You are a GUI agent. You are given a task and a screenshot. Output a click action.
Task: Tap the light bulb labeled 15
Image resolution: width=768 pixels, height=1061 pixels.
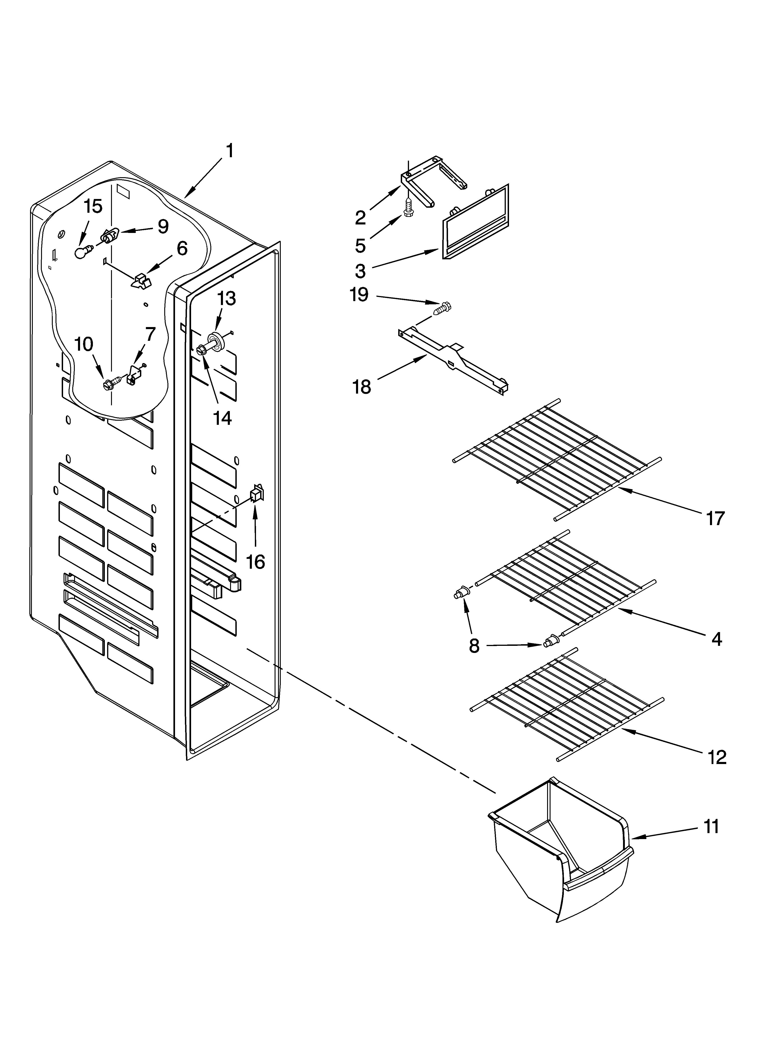pos(81,253)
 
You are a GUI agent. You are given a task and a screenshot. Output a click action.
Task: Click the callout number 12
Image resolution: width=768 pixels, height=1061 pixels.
pos(717,757)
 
